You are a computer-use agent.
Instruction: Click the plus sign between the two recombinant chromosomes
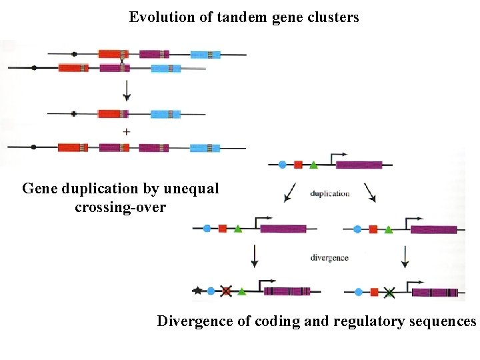[125, 131]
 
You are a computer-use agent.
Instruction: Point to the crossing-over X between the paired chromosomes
[122, 61]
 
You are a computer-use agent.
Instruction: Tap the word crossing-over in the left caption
[121, 207]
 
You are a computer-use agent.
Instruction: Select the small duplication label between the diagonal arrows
[329, 194]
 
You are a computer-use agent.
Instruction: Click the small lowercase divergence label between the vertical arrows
[329, 257]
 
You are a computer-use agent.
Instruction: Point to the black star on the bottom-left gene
[197, 291]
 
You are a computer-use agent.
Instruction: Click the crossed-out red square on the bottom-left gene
[226, 291]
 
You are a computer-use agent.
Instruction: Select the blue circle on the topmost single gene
[282, 164]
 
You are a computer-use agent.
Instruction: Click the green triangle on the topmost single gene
[313, 164]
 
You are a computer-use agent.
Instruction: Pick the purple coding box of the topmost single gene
[359, 165]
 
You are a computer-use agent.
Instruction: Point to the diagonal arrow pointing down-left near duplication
[290, 193]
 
